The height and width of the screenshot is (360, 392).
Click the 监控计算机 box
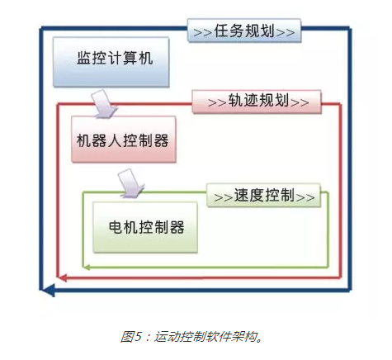111,62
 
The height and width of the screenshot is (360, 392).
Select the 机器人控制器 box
124,139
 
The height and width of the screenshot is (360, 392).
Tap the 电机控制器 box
145,227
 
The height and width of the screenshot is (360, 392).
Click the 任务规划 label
244,31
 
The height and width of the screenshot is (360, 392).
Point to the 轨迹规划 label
257,102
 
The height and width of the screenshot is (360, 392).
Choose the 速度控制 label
263,196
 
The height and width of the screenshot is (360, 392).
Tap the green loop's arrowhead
87,267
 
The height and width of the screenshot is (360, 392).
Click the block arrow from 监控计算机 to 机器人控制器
103,105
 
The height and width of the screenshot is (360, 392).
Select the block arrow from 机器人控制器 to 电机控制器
130,183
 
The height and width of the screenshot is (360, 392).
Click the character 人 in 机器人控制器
115,140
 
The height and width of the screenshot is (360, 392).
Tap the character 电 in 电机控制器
116,227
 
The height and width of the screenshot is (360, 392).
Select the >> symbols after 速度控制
305,197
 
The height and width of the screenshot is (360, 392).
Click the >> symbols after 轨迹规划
300,102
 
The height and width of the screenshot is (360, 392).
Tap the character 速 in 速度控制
241,195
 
